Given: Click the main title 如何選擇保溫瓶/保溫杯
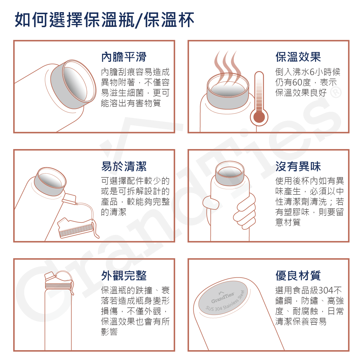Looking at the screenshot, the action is pyautogui.click(x=104, y=20).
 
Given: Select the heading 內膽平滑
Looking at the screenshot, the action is pyautogui.click(x=124, y=57).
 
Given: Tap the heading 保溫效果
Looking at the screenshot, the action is pyautogui.click(x=298, y=57).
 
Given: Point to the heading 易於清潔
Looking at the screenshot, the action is pyautogui.click(x=124, y=166).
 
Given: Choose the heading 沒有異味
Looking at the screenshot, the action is pyautogui.click(x=298, y=166).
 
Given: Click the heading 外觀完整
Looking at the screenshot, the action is pyautogui.click(x=124, y=275).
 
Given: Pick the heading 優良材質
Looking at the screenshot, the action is pyautogui.click(x=298, y=275).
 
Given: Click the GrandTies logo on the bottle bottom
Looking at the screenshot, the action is pyautogui.click(x=223, y=297).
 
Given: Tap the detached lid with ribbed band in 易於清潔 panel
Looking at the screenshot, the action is pyautogui.click(x=76, y=228).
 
